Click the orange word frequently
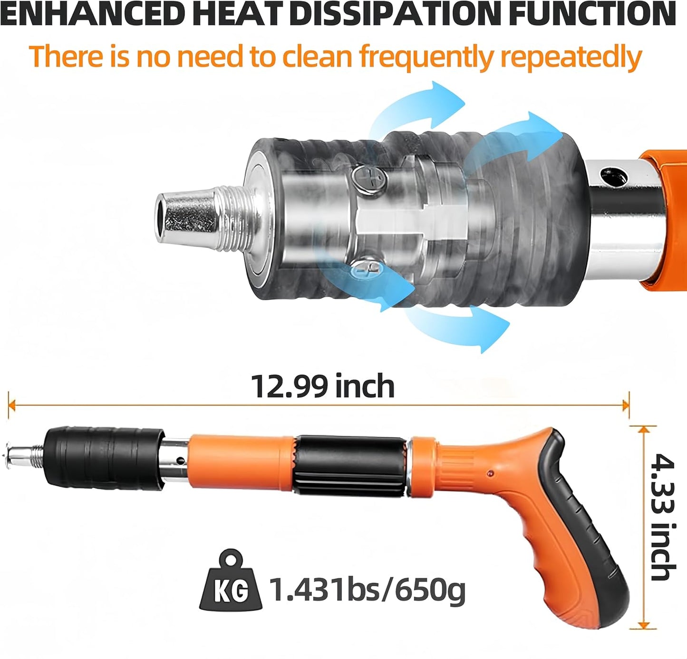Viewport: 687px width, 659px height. pos(426,57)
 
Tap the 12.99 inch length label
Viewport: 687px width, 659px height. pos(322,386)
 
